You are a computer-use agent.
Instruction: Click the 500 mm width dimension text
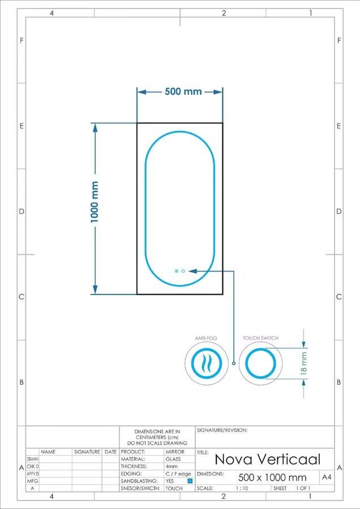183,92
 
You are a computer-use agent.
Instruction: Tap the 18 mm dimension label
303,364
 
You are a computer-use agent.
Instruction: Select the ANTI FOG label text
206,338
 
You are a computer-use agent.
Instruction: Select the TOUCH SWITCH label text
260,338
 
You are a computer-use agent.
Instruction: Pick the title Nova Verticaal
267,459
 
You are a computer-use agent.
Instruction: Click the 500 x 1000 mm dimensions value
272,477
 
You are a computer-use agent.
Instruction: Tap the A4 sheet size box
327,477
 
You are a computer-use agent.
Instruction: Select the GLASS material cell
173,459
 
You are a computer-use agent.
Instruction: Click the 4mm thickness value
172,467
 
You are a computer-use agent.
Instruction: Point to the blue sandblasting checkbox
190,481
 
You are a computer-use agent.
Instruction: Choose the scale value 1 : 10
242,488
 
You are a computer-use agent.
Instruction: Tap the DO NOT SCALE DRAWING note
157,443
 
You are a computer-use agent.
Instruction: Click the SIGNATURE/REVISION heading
222,430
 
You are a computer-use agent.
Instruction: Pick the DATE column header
110,452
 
